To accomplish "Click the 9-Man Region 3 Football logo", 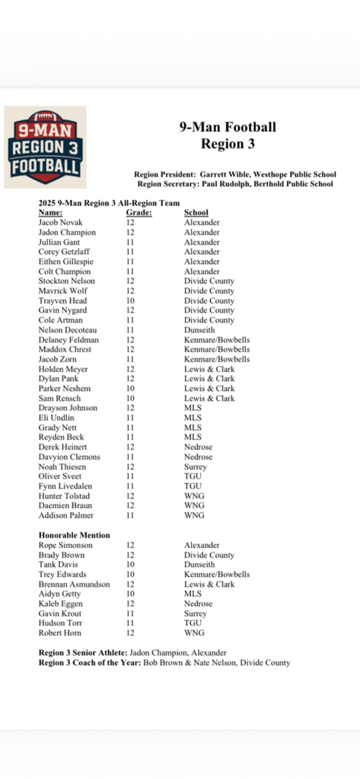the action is [45, 147].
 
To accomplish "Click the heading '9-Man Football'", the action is [228, 127].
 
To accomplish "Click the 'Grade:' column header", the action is [139, 213].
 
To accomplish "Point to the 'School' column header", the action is [196, 213].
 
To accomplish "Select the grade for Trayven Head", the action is [130, 300].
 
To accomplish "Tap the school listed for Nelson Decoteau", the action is [199, 330].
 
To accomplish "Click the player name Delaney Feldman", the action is [68, 340].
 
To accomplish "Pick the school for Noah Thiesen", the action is [196, 466].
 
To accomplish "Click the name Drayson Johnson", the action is [68, 408].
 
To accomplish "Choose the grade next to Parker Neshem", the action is [130, 388].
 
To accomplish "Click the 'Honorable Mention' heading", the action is [75, 535].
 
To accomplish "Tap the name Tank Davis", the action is [58, 564].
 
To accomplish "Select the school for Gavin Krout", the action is [196, 613].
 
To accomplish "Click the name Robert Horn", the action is [59, 633].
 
